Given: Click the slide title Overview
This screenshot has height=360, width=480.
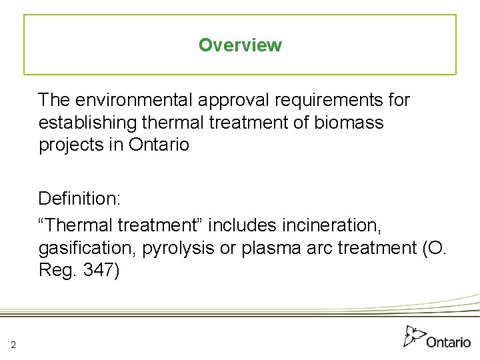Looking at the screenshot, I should (240, 45).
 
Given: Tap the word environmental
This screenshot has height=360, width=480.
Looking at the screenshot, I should (133, 100).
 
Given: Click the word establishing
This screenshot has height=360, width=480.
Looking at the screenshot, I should (85, 123).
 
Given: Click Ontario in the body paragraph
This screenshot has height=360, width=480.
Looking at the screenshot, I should (159, 145).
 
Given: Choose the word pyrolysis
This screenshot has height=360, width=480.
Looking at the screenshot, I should (181, 249).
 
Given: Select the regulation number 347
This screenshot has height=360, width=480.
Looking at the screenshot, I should (100, 271).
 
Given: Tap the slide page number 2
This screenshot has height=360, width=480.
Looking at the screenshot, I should (13, 344).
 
